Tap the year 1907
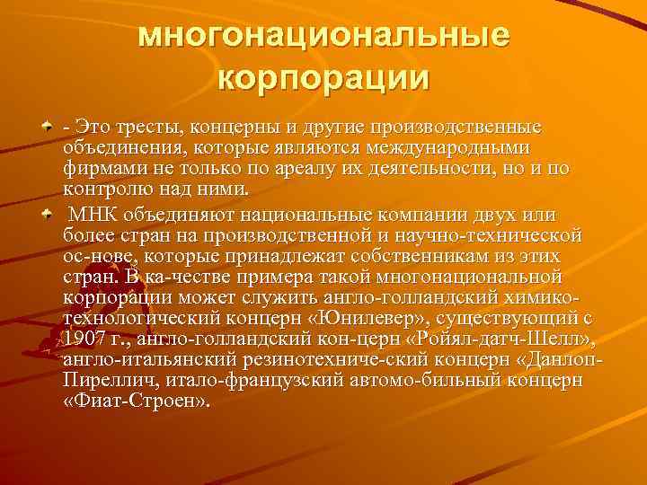point(86,339)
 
